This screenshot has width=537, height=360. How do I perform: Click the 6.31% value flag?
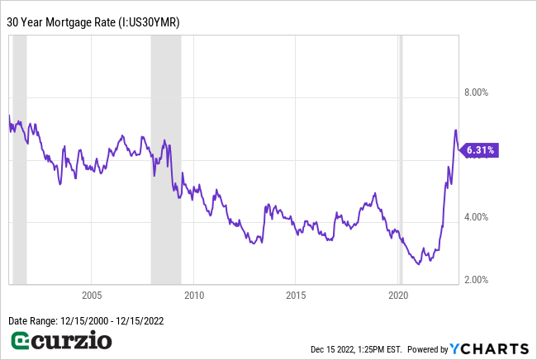pyautogui.click(x=480, y=150)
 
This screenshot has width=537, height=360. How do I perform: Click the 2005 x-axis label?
pyautogui.click(x=92, y=295)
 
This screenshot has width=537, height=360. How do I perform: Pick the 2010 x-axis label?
pyautogui.click(x=194, y=295)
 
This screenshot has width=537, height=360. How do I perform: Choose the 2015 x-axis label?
pyautogui.click(x=297, y=295)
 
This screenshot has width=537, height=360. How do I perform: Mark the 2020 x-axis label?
pyautogui.click(x=399, y=295)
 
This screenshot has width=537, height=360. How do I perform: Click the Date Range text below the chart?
pyautogui.click(x=83, y=320)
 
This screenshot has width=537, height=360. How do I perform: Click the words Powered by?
pyautogui.click(x=427, y=348)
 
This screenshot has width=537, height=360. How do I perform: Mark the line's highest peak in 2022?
pyautogui.click(x=455, y=130)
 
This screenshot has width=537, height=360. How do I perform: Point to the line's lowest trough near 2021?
pyautogui.click(x=418, y=263)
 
